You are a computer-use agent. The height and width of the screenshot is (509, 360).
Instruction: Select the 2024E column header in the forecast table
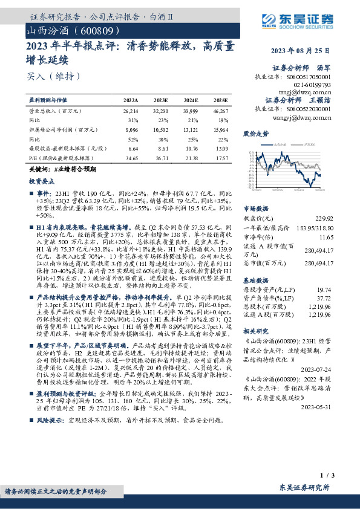[190, 100]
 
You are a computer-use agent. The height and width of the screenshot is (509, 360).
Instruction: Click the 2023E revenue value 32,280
[160, 112]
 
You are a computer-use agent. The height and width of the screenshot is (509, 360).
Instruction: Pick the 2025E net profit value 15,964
[221, 129]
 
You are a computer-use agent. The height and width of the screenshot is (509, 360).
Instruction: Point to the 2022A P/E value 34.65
[131, 157]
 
